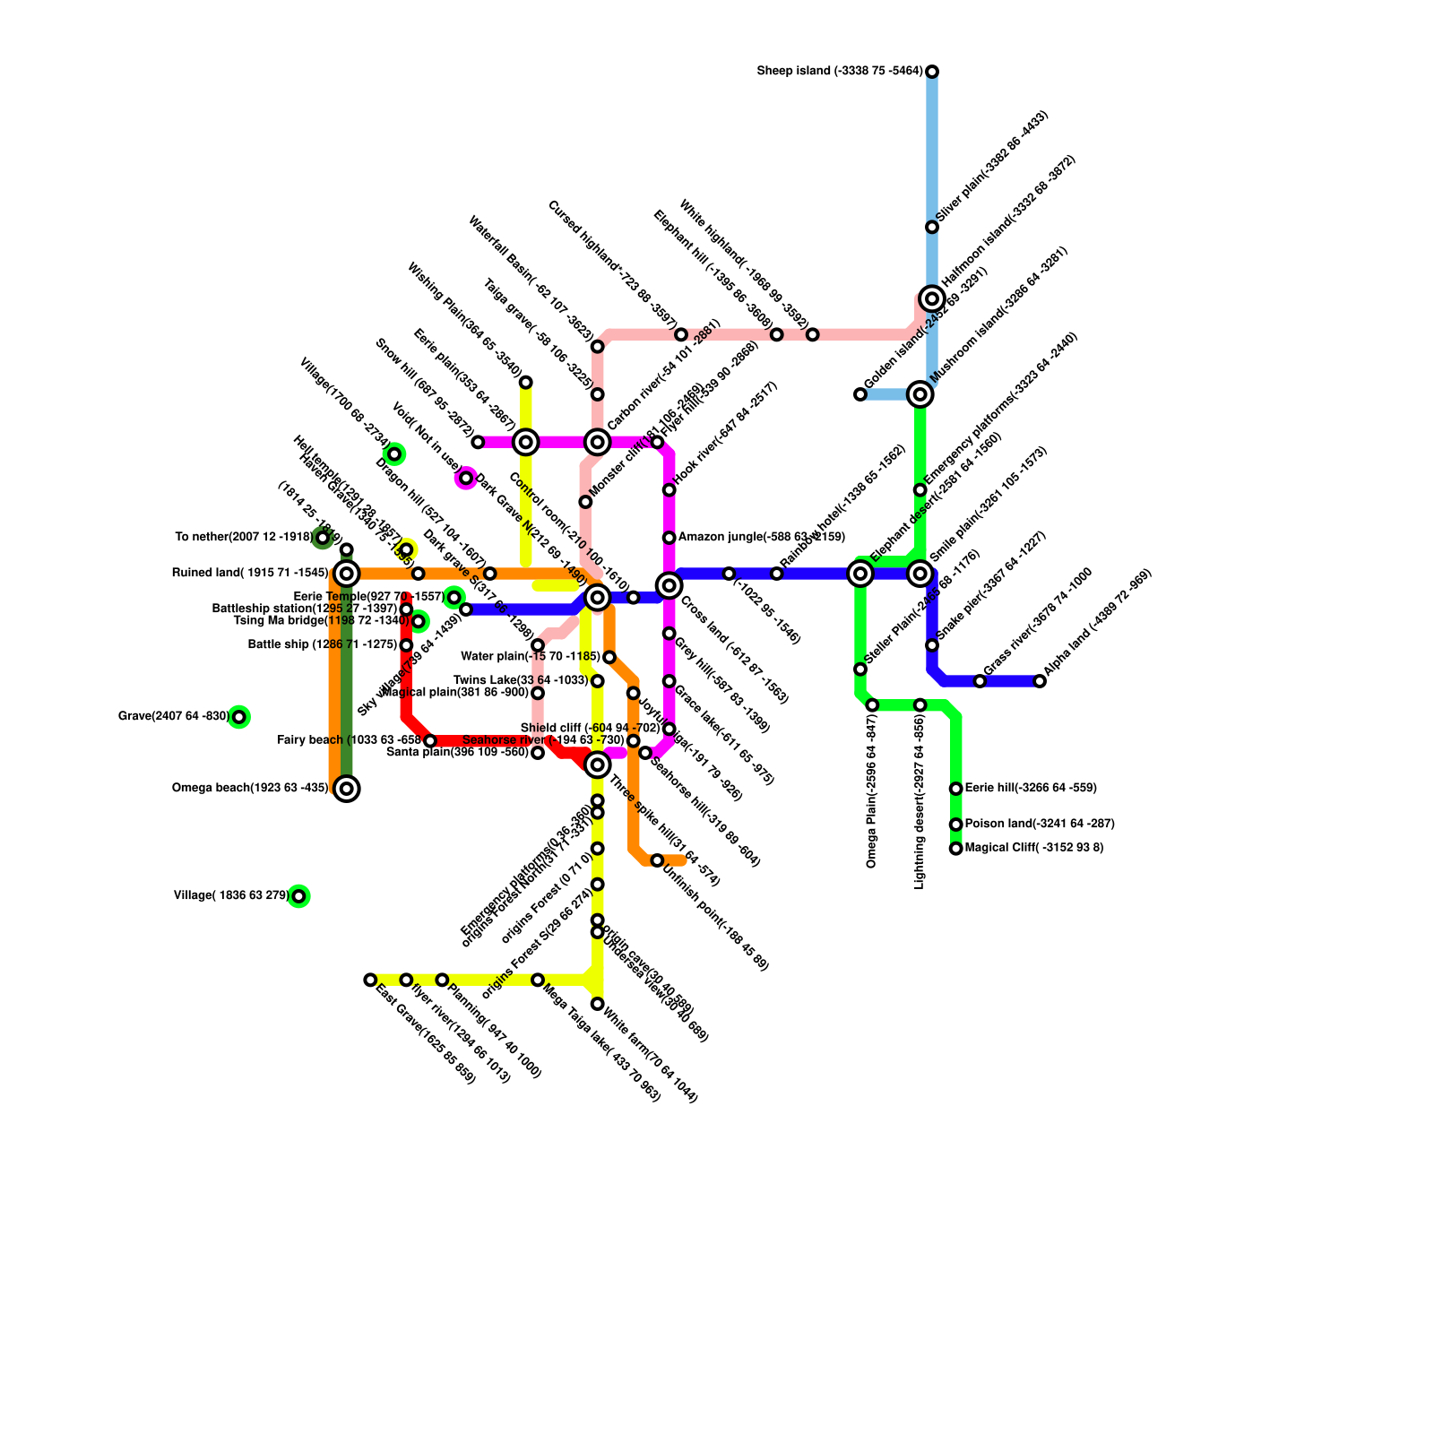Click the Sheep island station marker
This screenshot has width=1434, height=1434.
coord(932,72)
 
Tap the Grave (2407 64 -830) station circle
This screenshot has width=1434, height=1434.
coord(238,717)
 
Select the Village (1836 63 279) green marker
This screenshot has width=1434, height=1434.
coord(299,895)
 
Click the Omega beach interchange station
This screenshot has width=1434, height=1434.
coord(347,789)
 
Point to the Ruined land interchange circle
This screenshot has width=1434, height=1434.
coord(347,574)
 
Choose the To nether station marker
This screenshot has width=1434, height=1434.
coord(323,538)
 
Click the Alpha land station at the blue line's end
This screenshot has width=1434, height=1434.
coord(1040,681)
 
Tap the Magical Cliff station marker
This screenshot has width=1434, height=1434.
coord(956,848)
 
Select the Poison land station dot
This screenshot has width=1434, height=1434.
coord(956,825)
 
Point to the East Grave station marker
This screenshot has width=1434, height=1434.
coord(370,980)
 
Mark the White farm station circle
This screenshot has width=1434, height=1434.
coord(598,1004)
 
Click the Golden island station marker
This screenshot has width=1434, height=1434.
coord(860,394)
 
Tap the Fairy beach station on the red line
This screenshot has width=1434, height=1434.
coord(430,740)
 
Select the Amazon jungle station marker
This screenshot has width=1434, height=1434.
coord(669,538)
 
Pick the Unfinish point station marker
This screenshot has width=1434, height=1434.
coord(658,860)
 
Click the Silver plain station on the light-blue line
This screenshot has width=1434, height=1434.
coord(932,227)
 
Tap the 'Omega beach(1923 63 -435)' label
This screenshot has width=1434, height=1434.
coord(250,789)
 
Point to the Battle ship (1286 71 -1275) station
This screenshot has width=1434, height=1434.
coord(406,645)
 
